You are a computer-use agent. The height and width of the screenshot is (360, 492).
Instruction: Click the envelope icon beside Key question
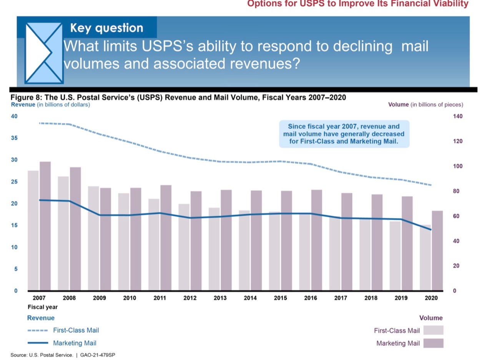(44, 53)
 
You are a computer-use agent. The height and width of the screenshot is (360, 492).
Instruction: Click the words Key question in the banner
(106, 28)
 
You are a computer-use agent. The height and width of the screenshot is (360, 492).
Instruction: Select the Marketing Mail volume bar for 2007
(45, 226)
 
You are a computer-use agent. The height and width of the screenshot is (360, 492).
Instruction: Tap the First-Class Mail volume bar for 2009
(93, 238)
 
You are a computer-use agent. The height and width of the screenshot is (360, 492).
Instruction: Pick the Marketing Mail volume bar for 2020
(437, 250)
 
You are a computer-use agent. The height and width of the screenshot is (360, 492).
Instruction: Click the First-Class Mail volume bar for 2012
(184, 247)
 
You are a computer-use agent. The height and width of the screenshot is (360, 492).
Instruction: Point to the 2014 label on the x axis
(250, 298)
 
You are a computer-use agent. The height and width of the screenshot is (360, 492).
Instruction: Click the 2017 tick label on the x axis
(341, 298)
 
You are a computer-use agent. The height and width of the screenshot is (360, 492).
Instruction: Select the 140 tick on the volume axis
(457, 116)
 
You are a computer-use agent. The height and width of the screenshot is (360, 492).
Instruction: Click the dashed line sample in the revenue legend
(38, 330)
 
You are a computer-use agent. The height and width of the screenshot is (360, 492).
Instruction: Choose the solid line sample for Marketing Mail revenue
(38, 343)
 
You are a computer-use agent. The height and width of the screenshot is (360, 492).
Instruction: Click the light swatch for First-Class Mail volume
(433, 330)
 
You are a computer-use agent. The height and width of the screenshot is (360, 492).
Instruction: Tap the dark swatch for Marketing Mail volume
(433, 343)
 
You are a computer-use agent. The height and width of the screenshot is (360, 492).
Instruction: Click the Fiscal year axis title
(43, 307)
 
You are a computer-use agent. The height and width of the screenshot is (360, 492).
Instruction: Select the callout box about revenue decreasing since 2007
(344, 134)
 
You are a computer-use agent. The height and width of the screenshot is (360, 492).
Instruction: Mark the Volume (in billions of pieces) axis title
(426, 105)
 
